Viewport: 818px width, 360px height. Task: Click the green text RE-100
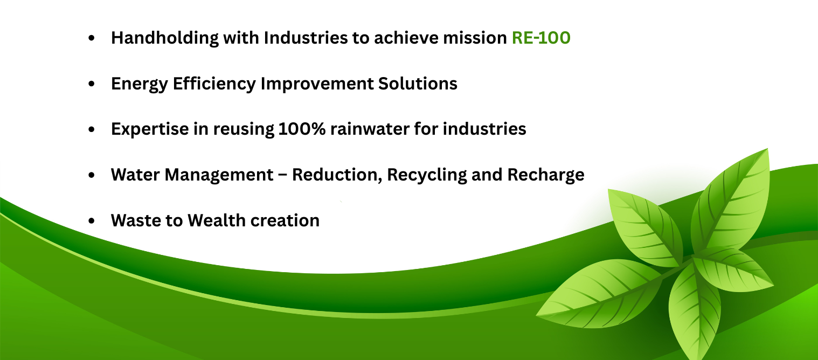(x=541, y=38)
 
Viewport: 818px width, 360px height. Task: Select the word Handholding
(x=165, y=38)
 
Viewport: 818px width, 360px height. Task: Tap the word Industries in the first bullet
(x=306, y=38)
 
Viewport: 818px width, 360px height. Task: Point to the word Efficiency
(x=214, y=84)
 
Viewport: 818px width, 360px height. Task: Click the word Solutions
(x=418, y=84)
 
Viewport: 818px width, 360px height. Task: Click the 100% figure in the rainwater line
(x=302, y=129)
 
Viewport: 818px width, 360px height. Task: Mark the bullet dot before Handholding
(x=92, y=38)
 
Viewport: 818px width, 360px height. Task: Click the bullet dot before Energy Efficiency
(x=92, y=84)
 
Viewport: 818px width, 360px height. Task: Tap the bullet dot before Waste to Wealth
(x=92, y=220)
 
